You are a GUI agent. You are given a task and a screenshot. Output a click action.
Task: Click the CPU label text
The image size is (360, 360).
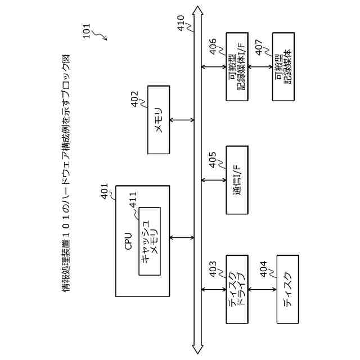(128, 241)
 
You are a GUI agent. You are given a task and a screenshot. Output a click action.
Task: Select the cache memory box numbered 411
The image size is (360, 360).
(150, 241)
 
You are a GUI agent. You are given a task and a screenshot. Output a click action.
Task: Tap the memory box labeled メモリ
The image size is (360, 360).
(158, 120)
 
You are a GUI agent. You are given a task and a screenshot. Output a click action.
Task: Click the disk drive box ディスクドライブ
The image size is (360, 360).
(236, 289)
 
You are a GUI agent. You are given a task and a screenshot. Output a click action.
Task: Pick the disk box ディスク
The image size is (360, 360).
(287, 289)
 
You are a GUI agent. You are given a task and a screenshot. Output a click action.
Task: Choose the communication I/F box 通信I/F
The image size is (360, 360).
(236, 180)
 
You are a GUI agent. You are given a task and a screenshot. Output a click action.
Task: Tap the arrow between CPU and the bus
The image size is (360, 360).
(182, 237)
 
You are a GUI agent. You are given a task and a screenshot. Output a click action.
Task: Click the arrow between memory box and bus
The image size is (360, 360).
(182, 120)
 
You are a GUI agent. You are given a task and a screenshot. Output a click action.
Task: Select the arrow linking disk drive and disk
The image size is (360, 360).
(262, 289)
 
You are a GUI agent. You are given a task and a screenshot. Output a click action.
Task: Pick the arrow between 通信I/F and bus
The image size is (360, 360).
(214, 180)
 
